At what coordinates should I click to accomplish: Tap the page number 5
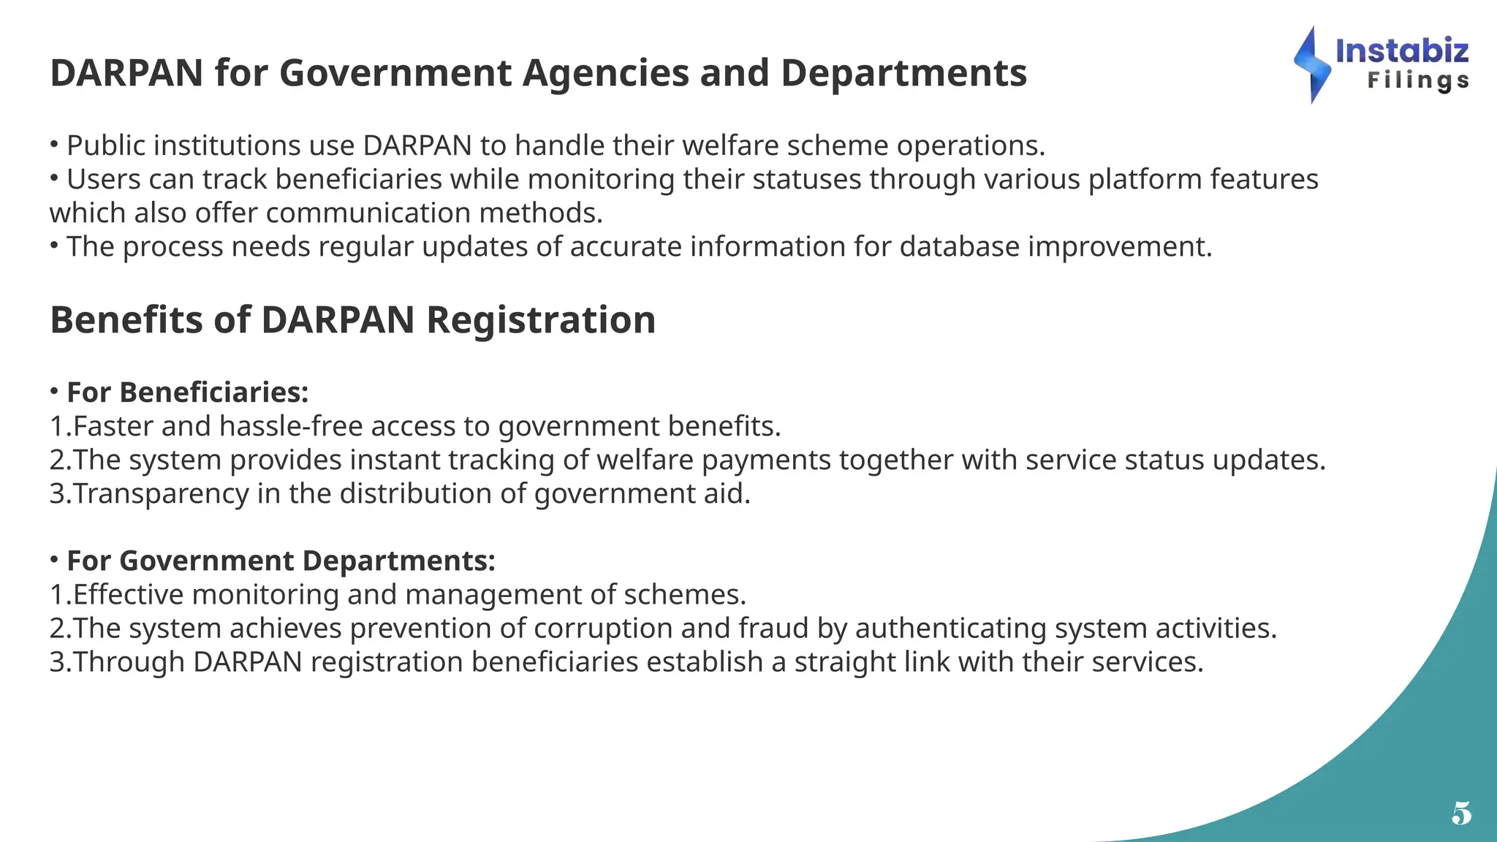coord(1461,813)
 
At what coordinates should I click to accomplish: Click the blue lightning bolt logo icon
coord(1312,65)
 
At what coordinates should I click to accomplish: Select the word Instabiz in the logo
coord(1401,50)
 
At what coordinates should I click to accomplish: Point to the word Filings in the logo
coord(1418,80)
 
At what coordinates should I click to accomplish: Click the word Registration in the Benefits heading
coord(541,320)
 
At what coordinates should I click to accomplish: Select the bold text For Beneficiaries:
coord(188,392)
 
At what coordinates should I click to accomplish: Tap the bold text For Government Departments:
coord(281,561)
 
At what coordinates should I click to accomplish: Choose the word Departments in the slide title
coord(903,73)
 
